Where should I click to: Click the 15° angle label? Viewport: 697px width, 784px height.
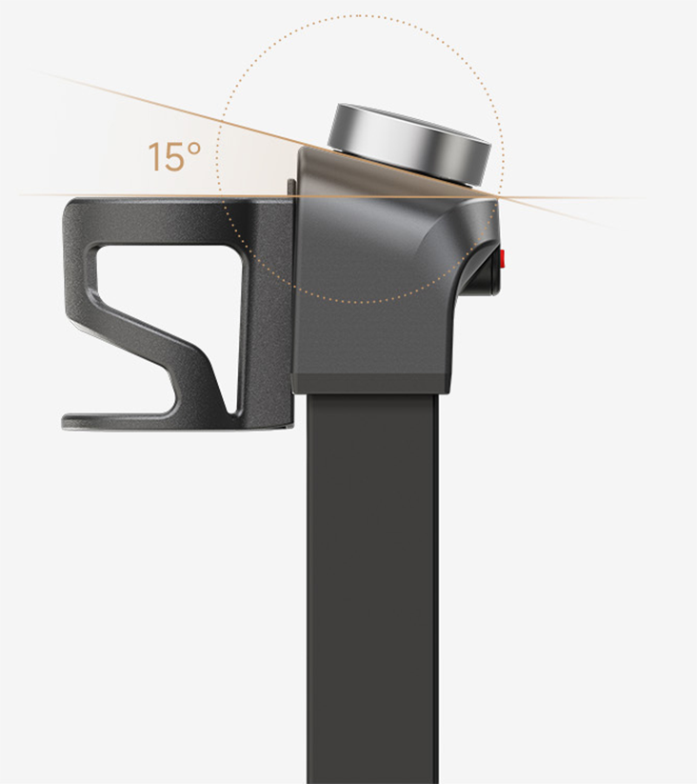[x=175, y=156]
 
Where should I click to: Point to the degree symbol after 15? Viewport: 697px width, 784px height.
[x=194, y=149]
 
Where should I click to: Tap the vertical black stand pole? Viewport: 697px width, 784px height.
[x=372, y=591]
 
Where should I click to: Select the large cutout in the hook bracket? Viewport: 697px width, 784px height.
[x=162, y=286]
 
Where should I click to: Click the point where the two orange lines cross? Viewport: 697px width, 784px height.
[x=497, y=196]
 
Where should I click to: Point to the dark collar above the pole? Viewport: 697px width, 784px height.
[x=372, y=381]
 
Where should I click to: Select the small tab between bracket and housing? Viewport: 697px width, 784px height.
[x=290, y=186]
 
